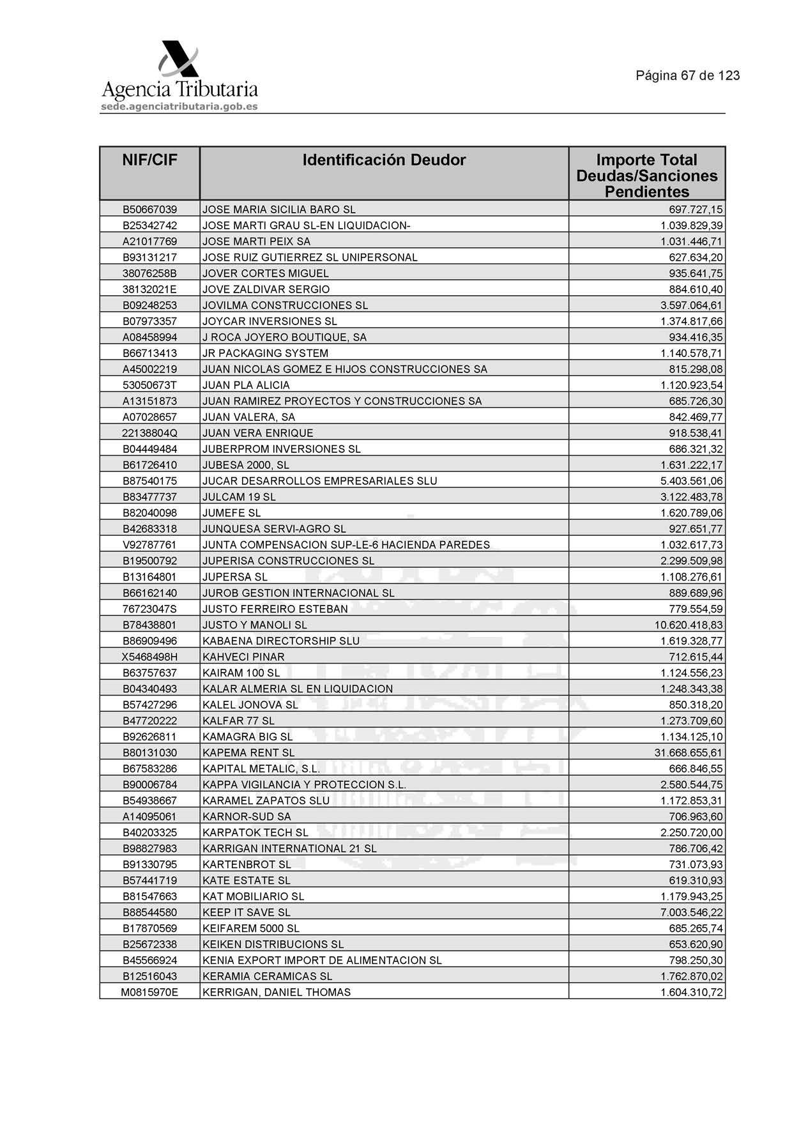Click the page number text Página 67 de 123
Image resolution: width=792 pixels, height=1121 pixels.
(687, 75)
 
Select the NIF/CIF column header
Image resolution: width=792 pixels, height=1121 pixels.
(149, 160)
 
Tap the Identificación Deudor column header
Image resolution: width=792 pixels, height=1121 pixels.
(384, 160)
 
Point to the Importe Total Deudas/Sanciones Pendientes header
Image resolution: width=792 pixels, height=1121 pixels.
(646, 176)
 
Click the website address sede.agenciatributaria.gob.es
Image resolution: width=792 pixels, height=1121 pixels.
(179, 107)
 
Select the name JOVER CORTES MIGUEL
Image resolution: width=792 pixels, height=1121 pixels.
(265, 273)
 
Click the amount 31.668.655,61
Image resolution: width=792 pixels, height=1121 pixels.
(688, 753)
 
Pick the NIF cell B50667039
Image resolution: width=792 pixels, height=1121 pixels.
(149, 210)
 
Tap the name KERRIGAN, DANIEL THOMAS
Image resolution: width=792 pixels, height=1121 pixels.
(276, 993)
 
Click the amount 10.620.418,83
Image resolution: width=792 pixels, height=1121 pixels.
(688, 625)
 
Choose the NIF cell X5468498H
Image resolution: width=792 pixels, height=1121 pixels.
(149, 657)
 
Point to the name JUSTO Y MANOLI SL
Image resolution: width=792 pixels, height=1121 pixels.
(254, 625)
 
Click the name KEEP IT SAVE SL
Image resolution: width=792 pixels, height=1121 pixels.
(246, 913)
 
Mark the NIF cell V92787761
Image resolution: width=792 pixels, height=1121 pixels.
(149, 545)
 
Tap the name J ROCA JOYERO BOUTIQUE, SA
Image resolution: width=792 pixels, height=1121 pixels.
(284, 337)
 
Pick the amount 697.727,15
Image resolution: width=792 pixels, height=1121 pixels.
(696, 210)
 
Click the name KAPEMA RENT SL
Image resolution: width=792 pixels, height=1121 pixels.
(248, 753)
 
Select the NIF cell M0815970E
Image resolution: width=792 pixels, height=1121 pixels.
(149, 993)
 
